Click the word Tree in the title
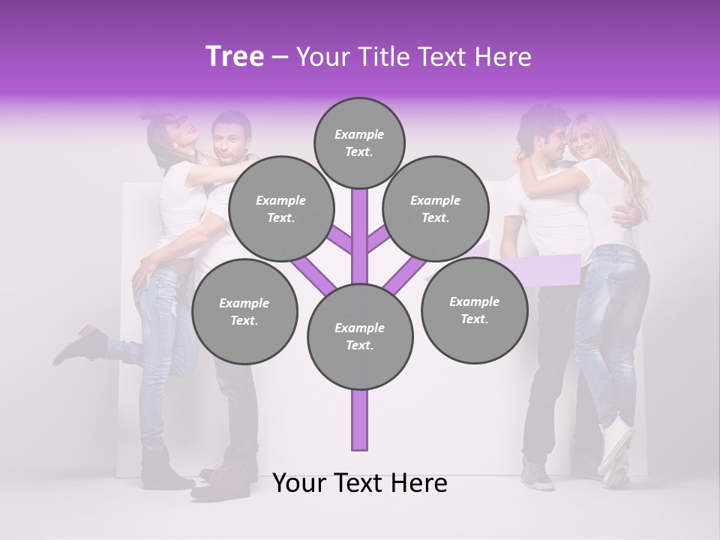point(235,57)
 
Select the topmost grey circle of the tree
point(359,142)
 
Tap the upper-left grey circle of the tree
point(281,208)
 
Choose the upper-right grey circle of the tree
point(436,208)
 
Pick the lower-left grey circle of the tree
point(244,311)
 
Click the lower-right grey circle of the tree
point(474,310)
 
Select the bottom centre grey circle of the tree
point(360,336)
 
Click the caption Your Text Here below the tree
point(360,483)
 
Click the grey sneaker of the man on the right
point(538,474)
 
